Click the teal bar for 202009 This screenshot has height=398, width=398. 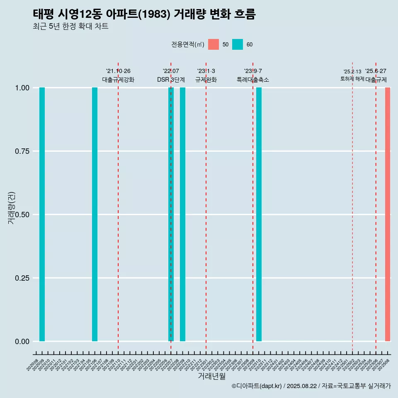(42, 214)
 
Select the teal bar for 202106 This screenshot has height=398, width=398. (95, 214)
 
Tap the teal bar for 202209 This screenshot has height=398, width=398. (182, 214)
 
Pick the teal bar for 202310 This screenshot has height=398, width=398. (259, 214)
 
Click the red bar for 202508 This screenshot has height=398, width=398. (388, 214)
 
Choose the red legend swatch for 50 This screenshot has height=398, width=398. (214, 44)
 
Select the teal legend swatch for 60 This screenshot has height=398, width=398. (238, 44)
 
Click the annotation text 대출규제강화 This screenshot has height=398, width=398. (118, 80)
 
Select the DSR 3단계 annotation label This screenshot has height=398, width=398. (171, 80)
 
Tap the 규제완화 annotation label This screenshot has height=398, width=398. (206, 80)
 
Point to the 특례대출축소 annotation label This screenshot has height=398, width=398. (253, 80)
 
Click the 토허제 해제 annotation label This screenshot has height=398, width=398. (352, 79)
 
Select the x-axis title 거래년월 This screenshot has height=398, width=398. (212, 376)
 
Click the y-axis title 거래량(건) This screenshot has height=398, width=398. (12, 207)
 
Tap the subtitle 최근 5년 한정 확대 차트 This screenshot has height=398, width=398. (70, 27)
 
